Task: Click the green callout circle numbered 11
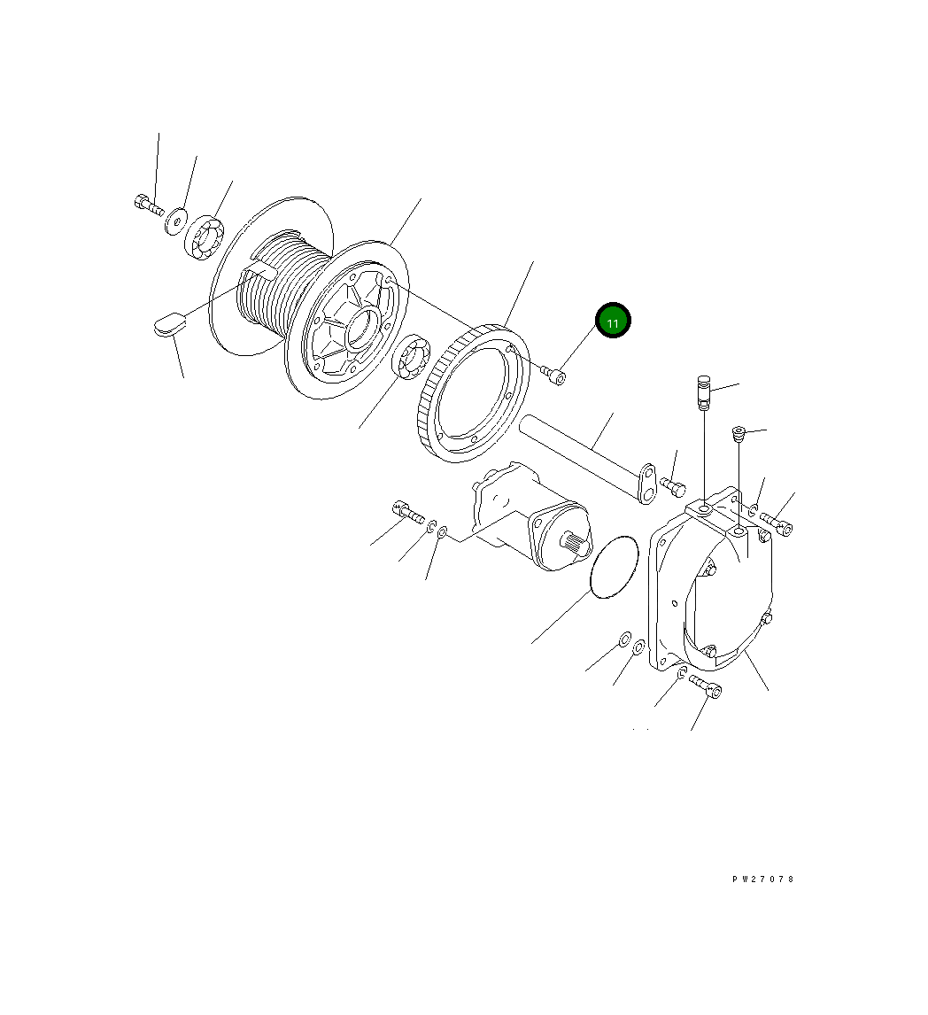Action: click(612, 321)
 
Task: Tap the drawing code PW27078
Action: click(763, 879)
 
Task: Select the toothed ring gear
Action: click(469, 393)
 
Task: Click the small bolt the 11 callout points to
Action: click(553, 374)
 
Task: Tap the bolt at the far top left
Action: click(148, 205)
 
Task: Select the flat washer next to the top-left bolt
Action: click(174, 221)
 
